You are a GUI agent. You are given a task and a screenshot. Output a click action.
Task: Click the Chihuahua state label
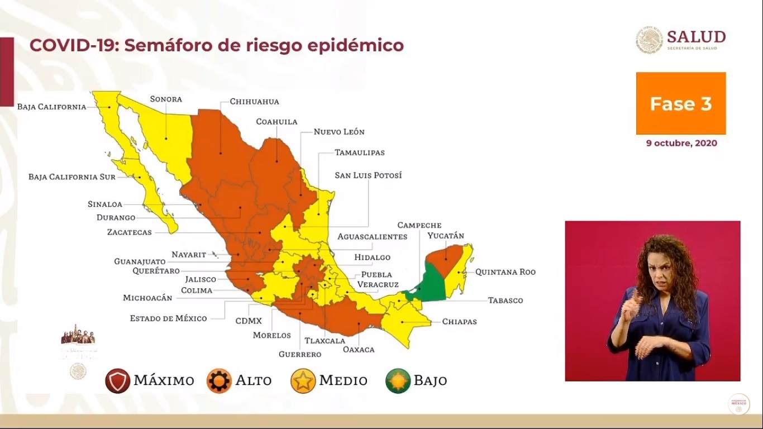click(254, 102)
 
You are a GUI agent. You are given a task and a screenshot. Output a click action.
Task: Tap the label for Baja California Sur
click(72, 177)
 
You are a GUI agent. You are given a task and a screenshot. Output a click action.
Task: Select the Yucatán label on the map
click(446, 236)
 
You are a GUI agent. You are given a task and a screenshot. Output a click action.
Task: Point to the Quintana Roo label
click(505, 272)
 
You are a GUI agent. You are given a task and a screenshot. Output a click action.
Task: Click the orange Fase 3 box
click(681, 103)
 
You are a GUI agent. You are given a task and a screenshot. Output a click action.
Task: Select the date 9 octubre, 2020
click(681, 143)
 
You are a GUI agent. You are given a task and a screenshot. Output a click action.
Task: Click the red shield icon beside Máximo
click(117, 381)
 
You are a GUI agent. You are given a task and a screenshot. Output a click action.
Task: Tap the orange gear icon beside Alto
click(219, 381)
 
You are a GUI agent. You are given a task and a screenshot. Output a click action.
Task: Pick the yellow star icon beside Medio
click(303, 381)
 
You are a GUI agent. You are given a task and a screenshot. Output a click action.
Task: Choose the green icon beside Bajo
click(398, 381)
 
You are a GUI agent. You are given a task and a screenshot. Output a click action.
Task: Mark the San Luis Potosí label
click(368, 175)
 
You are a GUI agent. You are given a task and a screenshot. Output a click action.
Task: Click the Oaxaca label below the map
click(359, 349)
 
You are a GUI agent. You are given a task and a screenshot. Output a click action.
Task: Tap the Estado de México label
click(168, 318)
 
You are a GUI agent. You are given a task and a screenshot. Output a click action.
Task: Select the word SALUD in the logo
click(696, 37)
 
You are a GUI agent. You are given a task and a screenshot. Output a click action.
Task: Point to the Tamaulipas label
click(359, 152)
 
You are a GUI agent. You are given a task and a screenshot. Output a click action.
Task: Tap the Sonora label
click(166, 99)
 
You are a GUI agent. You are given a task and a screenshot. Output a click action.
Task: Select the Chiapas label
click(459, 322)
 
